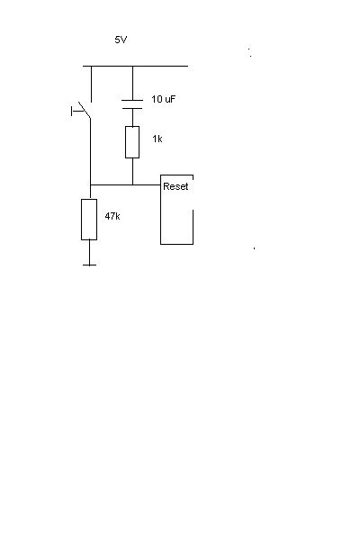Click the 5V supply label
point(121,40)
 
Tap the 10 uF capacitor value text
point(163,99)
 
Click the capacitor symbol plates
point(132,104)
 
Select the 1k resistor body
point(132,142)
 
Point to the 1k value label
point(157,139)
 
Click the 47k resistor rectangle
point(89,220)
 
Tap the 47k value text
point(112,216)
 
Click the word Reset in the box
point(175,186)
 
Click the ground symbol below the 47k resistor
point(90,265)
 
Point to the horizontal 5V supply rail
point(135,66)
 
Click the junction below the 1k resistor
point(132,184)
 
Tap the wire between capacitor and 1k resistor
point(132,117)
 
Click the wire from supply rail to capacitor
point(132,83)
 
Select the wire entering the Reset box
point(147,184)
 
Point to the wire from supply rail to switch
point(91,84)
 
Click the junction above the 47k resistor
point(90,184)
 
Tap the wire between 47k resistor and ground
point(90,252)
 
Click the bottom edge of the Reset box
point(176,244)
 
